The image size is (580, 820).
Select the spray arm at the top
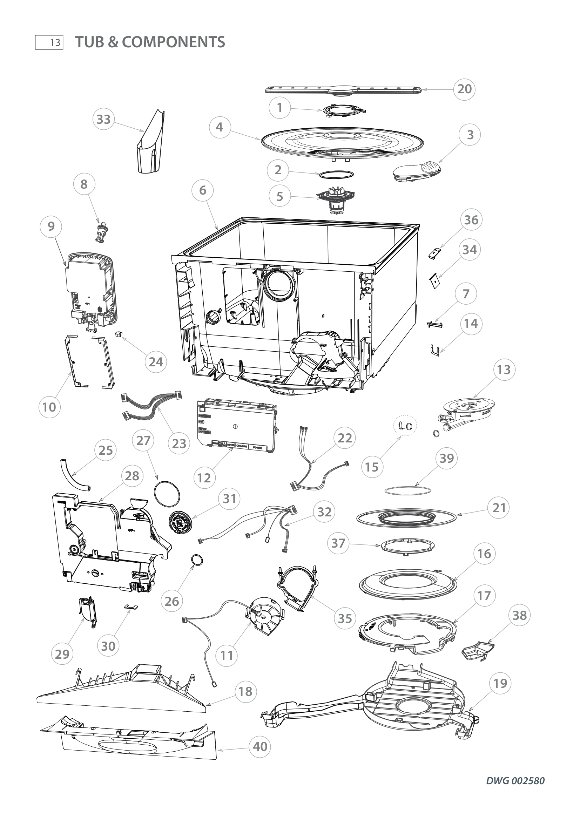pos(343,90)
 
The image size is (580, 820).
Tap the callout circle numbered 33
pos(103,119)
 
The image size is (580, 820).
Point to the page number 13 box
pos(49,42)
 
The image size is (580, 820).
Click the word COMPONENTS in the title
pos(173,42)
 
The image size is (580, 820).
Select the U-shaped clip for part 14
pos(434,350)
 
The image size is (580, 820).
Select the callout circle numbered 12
pos(204,478)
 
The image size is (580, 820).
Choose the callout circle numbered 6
pos(202,190)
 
